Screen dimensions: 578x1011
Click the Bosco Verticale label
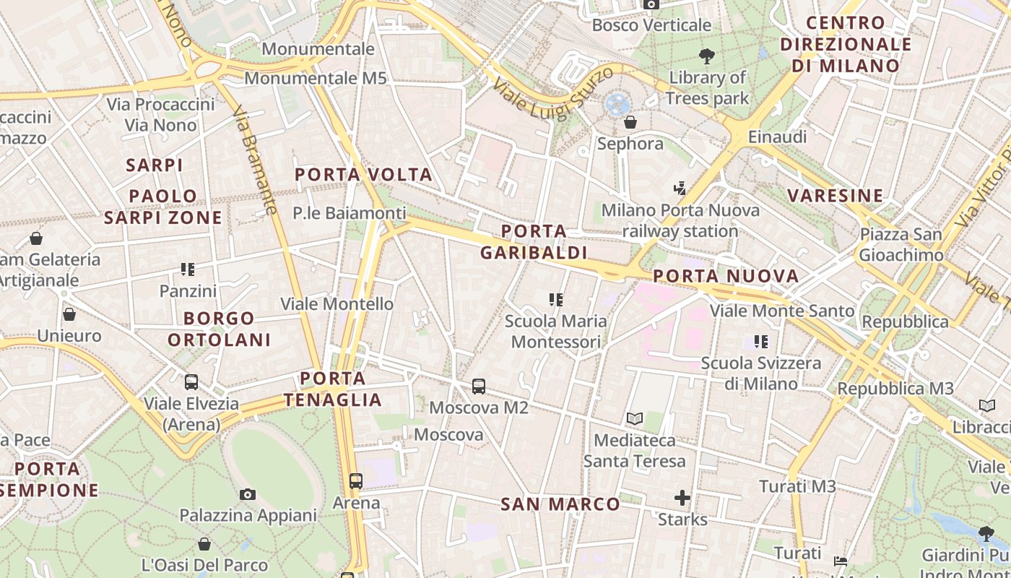point(651,25)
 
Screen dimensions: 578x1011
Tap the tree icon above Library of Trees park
point(707,56)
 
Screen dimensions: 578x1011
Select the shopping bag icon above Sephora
point(630,122)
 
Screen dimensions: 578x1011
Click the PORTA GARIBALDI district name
point(534,242)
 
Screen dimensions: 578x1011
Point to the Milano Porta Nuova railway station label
point(680,220)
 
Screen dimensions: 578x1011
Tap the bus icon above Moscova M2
point(479,387)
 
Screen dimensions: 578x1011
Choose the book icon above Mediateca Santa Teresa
point(635,418)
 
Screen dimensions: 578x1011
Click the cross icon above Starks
point(682,498)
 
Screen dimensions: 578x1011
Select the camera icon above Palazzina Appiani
point(248,494)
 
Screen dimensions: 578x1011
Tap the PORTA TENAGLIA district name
point(333,389)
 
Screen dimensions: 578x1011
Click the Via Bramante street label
point(254,160)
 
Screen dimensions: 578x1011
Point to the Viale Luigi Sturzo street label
point(554,90)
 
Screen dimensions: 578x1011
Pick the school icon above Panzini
point(188,269)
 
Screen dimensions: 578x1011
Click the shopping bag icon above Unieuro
point(69,314)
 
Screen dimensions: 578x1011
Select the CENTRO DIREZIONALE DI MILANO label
point(846,44)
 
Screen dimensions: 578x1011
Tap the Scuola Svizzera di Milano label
point(760,373)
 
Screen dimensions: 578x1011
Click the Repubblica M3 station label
point(895,389)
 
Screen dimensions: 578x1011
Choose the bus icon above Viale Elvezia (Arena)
point(191,382)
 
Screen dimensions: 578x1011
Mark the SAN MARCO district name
point(560,504)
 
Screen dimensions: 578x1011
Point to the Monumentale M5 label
point(316,78)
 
